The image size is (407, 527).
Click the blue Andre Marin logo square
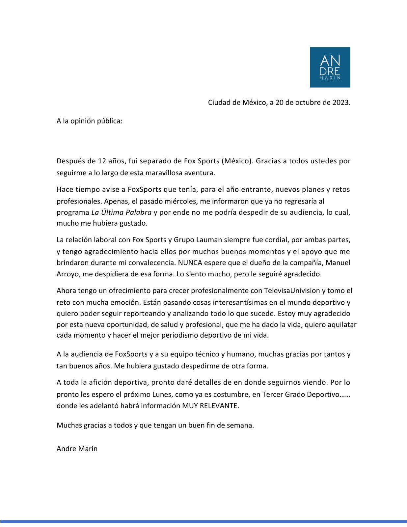pyautogui.click(x=330, y=67)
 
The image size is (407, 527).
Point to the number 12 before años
pyautogui.click(x=102, y=161)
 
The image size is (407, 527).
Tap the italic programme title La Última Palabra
pyautogui.click(x=121, y=212)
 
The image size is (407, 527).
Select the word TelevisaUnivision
pyautogui.click(x=292, y=291)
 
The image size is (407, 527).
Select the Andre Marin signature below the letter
pyautogui.click(x=77, y=449)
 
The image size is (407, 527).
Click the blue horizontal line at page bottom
pyautogui.click(x=203, y=521)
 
